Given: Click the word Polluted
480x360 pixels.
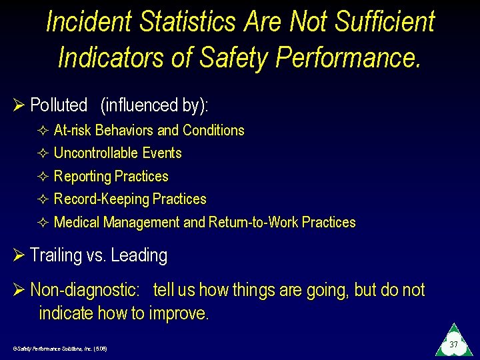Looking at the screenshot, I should tap(59, 105).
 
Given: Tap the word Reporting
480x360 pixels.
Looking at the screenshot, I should tap(83, 177).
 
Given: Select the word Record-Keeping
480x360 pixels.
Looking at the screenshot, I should tap(101, 199).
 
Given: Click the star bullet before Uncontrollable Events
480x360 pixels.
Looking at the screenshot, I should tap(43, 153).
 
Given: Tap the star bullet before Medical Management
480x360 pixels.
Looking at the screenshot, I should tap(43, 223).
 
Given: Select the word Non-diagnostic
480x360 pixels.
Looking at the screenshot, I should tap(85, 291).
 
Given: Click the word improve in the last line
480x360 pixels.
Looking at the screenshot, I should tap(179, 313).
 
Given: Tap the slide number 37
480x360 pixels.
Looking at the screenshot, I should tap(453, 345).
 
